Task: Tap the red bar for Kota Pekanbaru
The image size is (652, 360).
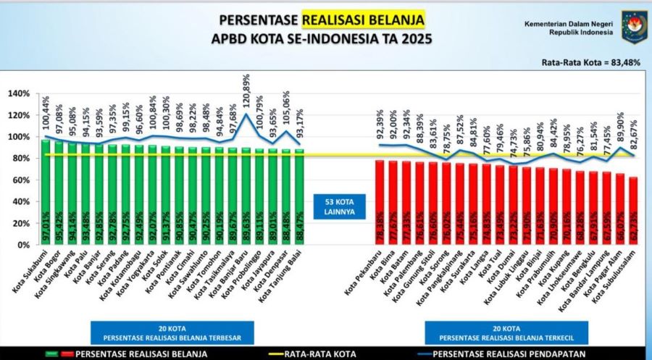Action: click(379, 203)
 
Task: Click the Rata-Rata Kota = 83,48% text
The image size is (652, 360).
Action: click(590, 63)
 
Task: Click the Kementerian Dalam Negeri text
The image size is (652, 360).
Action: click(569, 24)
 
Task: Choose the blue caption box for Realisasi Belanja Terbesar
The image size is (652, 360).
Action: click(172, 331)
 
